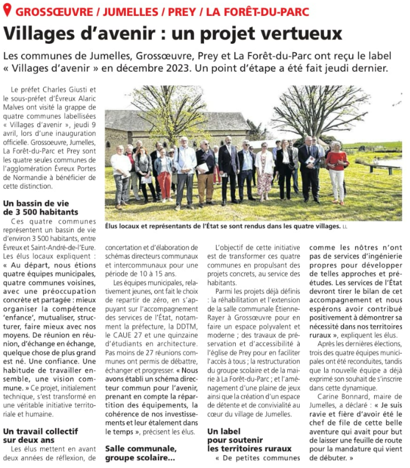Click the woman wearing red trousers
pos(164,173)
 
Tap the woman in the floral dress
pos(264,171)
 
